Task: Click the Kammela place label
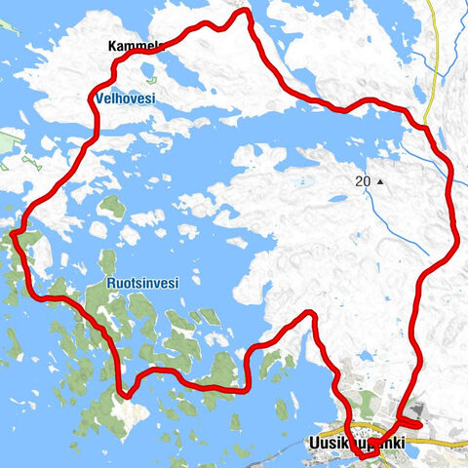pos(135,46)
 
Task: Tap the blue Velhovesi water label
pos(127,98)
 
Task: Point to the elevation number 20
pos(363,181)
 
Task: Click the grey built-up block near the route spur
pos(412,413)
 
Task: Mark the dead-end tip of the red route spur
pos(419,424)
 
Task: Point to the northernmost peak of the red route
pos(241,12)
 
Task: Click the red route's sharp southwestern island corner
pos(124,394)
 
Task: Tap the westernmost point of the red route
pos(16,231)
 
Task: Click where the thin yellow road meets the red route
pos(426,124)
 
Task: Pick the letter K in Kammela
pos(113,46)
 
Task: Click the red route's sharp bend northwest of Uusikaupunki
pos(310,314)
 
